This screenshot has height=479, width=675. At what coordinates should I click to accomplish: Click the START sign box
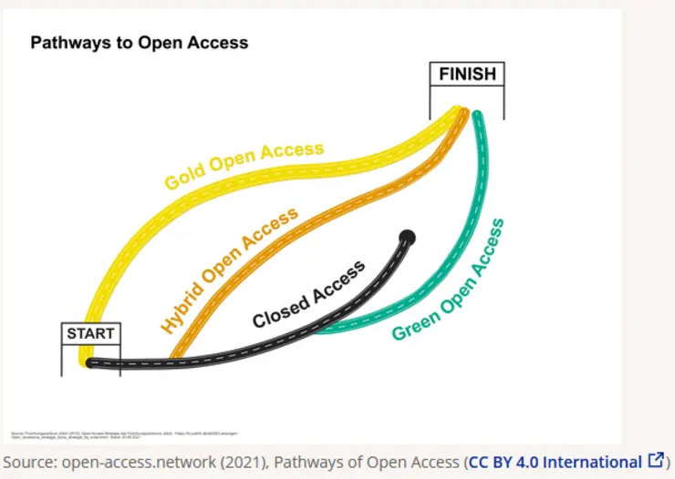click(x=90, y=333)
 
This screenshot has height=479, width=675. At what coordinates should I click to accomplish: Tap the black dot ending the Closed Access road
click(x=407, y=238)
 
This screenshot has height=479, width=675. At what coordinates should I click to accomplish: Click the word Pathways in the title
click(x=69, y=43)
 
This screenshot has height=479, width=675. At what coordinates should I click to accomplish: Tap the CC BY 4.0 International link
click(x=555, y=462)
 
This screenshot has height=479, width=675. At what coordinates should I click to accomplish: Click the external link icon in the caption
click(x=655, y=461)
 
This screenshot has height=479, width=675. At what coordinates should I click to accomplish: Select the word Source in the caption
click(x=28, y=462)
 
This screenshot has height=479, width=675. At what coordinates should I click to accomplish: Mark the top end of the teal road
click(x=476, y=116)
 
